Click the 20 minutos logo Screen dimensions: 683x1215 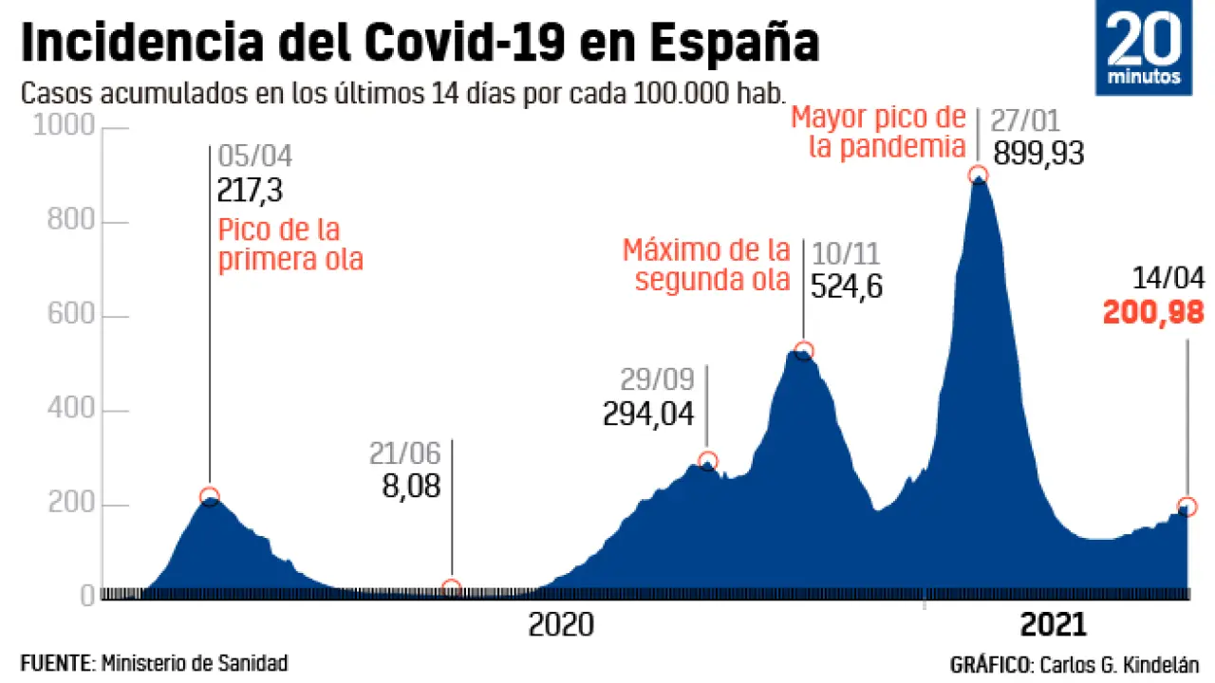[1144, 47]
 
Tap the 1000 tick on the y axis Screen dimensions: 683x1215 [64, 127]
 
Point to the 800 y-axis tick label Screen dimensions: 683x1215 [70, 222]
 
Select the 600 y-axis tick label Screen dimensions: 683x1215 [70, 317]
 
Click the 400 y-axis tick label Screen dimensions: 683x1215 [70, 412]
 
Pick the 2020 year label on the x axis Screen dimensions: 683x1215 [561, 626]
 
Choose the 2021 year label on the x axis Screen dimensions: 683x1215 [1053, 626]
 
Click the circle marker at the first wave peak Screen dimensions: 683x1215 [210, 496]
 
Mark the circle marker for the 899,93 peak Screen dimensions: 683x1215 [978, 175]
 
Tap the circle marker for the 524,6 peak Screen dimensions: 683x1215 [804, 351]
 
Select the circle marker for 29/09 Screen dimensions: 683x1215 [707, 461]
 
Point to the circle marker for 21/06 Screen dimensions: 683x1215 [452, 588]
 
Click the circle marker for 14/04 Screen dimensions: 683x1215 [1187, 506]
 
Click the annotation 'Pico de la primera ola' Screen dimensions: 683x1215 [290, 245]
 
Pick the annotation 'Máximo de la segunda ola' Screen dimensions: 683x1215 [706, 265]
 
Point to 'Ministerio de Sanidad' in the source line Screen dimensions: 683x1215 [194, 662]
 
